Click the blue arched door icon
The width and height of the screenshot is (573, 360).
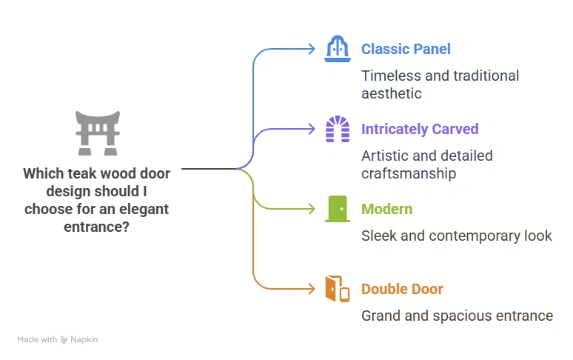[x=338, y=49]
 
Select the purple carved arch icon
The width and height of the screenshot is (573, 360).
[x=338, y=129]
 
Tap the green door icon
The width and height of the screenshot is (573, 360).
[x=338, y=209]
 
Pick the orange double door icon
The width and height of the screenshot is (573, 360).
[x=338, y=289]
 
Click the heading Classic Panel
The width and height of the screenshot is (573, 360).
[x=406, y=49]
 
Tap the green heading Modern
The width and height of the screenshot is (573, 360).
[x=386, y=209]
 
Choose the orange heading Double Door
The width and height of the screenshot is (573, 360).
[x=402, y=289]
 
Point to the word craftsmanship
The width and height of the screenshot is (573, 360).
[x=408, y=173]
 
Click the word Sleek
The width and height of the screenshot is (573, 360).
[x=378, y=236]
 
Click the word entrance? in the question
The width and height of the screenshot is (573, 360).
[x=97, y=227]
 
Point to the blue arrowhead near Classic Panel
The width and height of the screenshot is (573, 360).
[x=312, y=49]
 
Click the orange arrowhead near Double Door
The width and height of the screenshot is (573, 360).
[x=312, y=289]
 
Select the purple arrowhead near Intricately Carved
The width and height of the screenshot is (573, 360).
[x=312, y=129]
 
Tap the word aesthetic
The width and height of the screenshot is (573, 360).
[x=392, y=93]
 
